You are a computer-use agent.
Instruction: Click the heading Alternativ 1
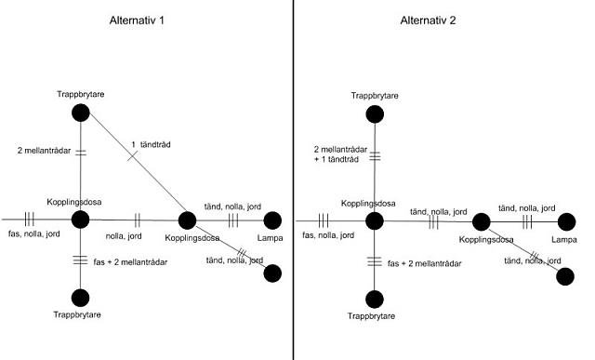point(137,20)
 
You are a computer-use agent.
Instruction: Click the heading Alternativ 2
point(428,20)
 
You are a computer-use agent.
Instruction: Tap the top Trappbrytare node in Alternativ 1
point(81,113)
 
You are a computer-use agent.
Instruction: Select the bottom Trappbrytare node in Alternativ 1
point(81,298)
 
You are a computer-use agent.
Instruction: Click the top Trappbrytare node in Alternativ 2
point(375,114)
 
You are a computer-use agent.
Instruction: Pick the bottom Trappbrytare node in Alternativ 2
point(375,300)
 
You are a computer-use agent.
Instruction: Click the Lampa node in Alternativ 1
point(272,220)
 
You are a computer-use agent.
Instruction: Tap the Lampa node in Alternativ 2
point(566,221)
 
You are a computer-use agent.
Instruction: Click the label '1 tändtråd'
point(151,145)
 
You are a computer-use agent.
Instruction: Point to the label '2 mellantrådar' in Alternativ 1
point(44,151)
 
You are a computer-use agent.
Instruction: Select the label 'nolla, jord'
point(124,236)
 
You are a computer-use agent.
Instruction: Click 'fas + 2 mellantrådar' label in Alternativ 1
point(130,262)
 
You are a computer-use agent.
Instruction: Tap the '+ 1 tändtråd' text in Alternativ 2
point(337,159)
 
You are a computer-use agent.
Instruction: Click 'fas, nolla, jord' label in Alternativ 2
point(328,235)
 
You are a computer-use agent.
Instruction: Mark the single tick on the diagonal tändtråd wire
point(132,155)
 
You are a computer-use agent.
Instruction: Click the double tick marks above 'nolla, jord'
point(138,220)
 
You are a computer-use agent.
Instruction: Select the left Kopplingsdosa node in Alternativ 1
point(81,220)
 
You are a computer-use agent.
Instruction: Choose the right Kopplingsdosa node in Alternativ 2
point(482,221)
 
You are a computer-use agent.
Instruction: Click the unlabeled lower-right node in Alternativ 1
point(272,273)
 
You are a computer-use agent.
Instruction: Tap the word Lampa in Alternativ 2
point(564,240)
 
